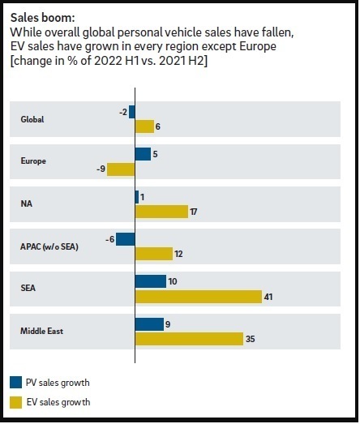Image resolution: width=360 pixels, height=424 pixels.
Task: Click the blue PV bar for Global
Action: point(132,112)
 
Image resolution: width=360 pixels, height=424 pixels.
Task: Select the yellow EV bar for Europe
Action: point(121,169)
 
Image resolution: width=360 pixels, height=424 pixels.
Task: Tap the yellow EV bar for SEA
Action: point(199,297)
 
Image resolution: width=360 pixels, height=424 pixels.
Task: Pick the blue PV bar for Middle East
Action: point(149,324)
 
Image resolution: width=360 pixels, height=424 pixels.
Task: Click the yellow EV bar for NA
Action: point(161,212)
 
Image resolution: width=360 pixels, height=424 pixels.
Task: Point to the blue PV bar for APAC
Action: point(126,239)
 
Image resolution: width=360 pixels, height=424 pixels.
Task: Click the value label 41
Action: point(268,297)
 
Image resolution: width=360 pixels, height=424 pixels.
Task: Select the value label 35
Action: point(251,339)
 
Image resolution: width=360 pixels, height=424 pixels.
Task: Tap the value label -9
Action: point(101,169)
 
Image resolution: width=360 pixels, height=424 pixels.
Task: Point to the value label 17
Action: point(194,212)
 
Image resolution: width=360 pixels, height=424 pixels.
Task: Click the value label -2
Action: point(123,112)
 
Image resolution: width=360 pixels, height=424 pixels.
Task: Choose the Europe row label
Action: point(33,161)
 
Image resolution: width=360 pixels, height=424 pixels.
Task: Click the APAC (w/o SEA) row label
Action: point(49,246)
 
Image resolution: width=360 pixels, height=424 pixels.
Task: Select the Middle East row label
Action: point(41,331)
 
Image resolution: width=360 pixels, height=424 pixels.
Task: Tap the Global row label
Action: point(32,119)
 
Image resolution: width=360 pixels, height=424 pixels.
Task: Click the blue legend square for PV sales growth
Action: point(15,383)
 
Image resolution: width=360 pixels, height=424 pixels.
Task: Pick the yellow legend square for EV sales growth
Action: point(15,402)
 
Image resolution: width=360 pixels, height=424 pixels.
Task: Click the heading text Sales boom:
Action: point(42,18)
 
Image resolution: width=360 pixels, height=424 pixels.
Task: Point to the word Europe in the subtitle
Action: point(258,46)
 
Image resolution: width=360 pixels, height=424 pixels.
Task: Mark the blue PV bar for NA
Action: point(137,197)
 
